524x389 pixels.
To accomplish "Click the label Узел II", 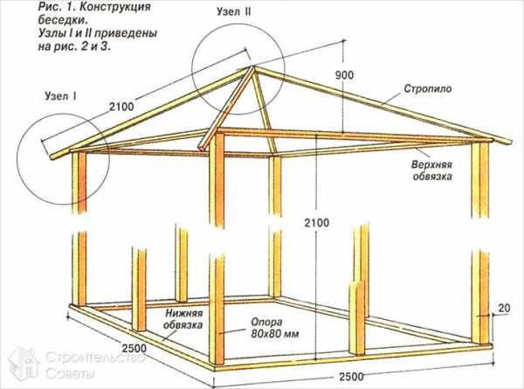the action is click(x=233, y=11).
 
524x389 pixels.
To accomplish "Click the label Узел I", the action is click(x=61, y=96).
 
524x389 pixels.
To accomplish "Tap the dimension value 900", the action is click(x=344, y=75).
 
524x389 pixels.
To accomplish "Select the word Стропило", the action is click(x=428, y=89).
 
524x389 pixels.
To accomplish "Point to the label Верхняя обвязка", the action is click(x=432, y=170).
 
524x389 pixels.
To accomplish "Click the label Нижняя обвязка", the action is click(x=183, y=319).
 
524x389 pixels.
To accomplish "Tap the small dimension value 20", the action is click(x=504, y=308).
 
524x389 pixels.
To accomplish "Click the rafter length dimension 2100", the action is click(x=121, y=107).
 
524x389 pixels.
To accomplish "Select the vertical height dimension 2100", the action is click(x=316, y=223).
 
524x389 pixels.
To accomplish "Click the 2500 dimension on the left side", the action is click(x=134, y=348).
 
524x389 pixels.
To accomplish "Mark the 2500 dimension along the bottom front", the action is click(x=352, y=377).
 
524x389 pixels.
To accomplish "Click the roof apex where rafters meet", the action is click(x=253, y=67).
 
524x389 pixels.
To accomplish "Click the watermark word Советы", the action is click(x=70, y=373).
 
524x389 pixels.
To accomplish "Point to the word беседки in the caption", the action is click(x=63, y=19).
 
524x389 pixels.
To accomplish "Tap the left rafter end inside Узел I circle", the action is click(x=52, y=156).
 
